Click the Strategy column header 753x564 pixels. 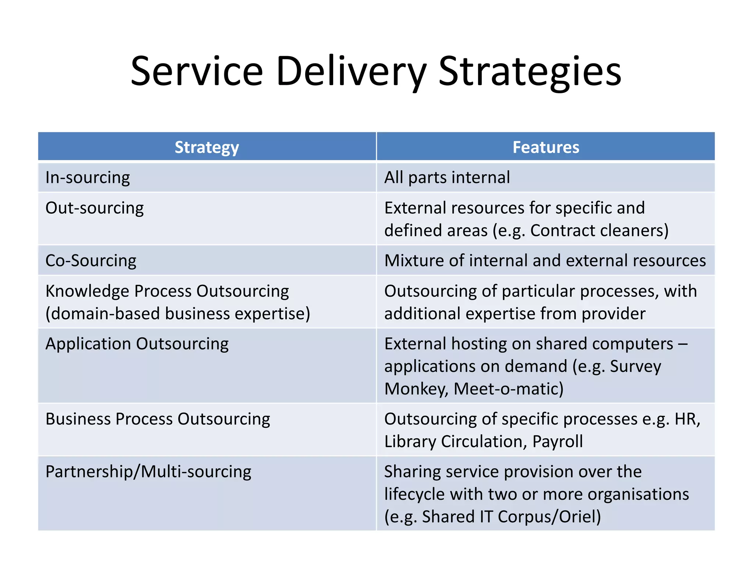pyautogui.click(x=207, y=147)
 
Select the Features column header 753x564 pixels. pyautogui.click(x=546, y=147)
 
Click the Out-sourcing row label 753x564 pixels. pyautogui.click(x=94, y=208)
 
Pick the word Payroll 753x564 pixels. pyautogui.click(x=557, y=442)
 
